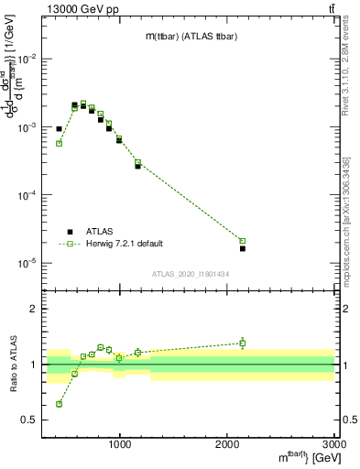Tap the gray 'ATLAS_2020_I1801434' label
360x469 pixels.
(190, 274)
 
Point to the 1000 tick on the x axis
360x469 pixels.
(120, 444)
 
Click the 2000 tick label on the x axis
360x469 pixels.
(227, 444)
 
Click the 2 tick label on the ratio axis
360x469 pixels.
(35, 310)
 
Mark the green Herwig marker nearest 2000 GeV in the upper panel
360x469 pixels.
(243, 241)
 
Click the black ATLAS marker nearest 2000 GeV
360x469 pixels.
(243, 248)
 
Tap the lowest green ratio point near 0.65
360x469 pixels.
(59, 404)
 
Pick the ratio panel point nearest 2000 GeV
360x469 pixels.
(243, 344)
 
